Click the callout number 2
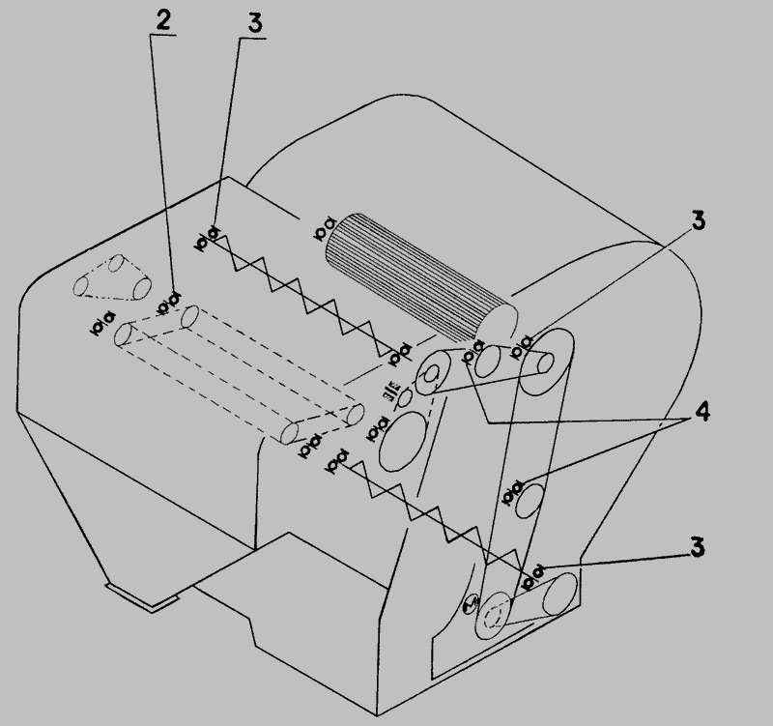pyautogui.click(x=163, y=20)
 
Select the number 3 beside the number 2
pyautogui.click(x=254, y=23)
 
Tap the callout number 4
pyautogui.click(x=702, y=411)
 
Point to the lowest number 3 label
pyautogui.click(x=697, y=547)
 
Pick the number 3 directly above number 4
pyautogui.click(x=698, y=220)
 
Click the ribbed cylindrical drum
pyautogui.click(x=420, y=277)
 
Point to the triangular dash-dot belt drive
pyautogui.click(x=112, y=277)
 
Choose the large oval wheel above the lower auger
pyautogui.click(x=403, y=441)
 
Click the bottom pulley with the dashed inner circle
pyautogui.click(x=494, y=616)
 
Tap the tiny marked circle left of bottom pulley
pyautogui.click(x=472, y=604)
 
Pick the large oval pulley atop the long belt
pyautogui.click(x=547, y=362)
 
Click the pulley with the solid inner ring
pyautogui.click(x=433, y=372)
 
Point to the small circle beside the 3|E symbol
pyautogui.click(x=406, y=397)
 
